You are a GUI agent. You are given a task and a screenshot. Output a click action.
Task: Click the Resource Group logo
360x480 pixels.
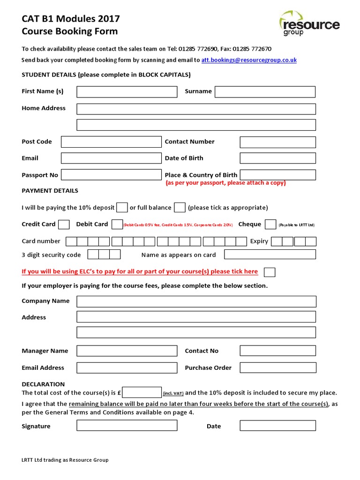[x=309, y=24]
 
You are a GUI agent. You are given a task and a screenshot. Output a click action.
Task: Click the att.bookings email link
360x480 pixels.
[x=249, y=60]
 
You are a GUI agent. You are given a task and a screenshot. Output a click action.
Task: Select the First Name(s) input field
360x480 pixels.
[x=127, y=91]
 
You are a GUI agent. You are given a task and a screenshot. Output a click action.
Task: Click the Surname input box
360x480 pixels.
[x=265, y=91]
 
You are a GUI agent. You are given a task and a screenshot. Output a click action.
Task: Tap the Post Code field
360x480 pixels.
[x=111, y=142]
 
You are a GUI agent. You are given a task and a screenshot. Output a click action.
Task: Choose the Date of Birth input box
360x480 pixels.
[x=277, y=158]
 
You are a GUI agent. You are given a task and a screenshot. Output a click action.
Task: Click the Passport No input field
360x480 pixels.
[x=111, y=175]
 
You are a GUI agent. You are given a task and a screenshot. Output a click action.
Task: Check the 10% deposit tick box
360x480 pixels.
[x=122, y=207]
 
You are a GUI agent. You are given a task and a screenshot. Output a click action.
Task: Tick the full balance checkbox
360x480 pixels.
[x=180, y=207]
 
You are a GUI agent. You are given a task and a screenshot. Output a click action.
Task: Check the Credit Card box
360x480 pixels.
[x=64, y=225]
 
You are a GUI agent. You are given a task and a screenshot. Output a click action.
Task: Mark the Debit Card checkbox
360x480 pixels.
[x=117, y=225]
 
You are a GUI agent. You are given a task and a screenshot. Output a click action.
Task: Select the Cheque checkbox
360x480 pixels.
[x=270, y=225]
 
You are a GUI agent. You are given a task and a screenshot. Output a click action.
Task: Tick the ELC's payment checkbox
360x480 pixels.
[x=270, y=272]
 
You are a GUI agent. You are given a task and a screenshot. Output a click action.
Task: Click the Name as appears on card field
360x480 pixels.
[x=270, y=255]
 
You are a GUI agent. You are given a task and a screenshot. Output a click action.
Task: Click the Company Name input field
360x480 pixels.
[x=196, y=301]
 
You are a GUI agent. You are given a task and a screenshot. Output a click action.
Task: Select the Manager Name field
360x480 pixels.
[x=127, y=351]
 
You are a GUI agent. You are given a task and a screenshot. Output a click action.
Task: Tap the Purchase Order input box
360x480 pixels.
[x=277, y=368]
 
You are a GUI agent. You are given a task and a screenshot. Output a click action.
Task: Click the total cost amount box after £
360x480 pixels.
[x=142, y=393]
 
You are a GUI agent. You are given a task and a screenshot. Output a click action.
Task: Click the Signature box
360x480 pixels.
[x=127, y=426]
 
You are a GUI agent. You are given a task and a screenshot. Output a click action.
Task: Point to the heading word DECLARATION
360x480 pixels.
[x=43, y=384]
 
